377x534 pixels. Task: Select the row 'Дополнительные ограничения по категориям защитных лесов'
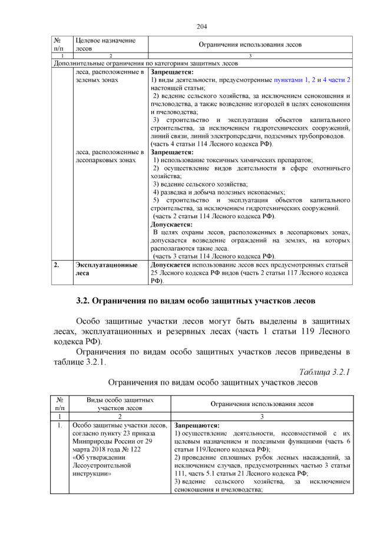[145, 63]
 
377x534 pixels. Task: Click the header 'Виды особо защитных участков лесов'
[120, 404]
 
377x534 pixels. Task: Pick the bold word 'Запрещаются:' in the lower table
[197, 425]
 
